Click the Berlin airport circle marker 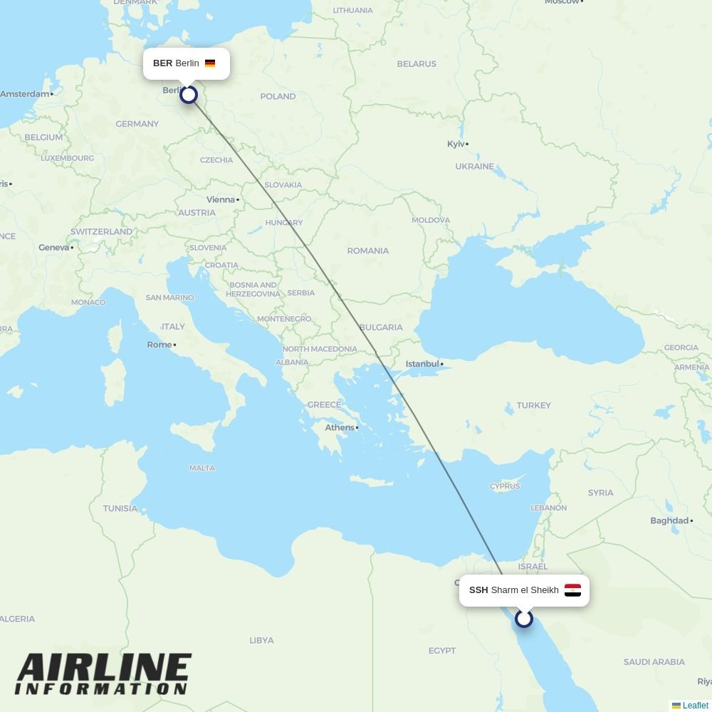189,95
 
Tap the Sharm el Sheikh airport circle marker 524,619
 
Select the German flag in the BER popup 210,63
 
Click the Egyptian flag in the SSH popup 572,590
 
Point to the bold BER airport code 162,63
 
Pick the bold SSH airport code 478,590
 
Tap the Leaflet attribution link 695,706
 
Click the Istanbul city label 422,364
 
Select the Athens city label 340,427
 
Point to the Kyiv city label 456,144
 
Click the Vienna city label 221,199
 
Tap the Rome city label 159,345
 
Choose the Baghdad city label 669,520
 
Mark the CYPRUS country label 505,486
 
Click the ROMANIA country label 367,251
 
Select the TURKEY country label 534,405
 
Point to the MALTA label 202,468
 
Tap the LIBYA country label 261,640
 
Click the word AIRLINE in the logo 104,669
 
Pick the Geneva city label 54,247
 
